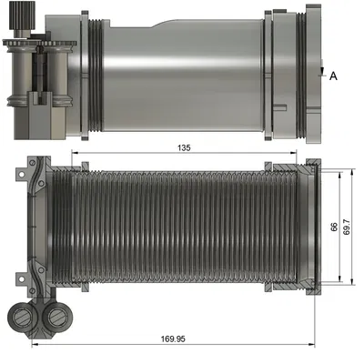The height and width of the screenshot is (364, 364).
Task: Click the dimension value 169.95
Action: click(x=172, y=339)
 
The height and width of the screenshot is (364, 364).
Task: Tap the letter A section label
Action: click(x=333, y=76)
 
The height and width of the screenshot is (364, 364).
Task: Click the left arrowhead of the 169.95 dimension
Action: click(x=34, y=345)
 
